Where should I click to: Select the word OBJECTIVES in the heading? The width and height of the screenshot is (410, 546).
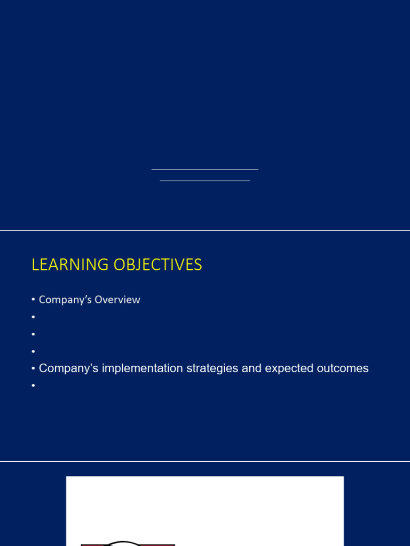coord(157,265)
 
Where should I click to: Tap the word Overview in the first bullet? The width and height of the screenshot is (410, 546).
coord(117,300)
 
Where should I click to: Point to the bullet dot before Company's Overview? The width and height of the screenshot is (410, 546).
coord(33,300)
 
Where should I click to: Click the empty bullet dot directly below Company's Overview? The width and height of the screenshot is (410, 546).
coord(33,317)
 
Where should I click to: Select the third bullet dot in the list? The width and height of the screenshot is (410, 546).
coord(33,334)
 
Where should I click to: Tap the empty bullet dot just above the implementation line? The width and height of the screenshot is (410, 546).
coord(33,351)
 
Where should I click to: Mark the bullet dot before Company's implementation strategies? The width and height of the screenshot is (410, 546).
coord(33,369)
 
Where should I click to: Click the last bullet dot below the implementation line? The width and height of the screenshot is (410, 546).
coord(33,386)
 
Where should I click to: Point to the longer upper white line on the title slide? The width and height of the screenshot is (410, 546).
coord(205,170)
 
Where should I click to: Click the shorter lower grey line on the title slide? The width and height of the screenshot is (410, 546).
coord(205,181)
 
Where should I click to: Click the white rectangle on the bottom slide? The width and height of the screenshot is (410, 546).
coord(205,507)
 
